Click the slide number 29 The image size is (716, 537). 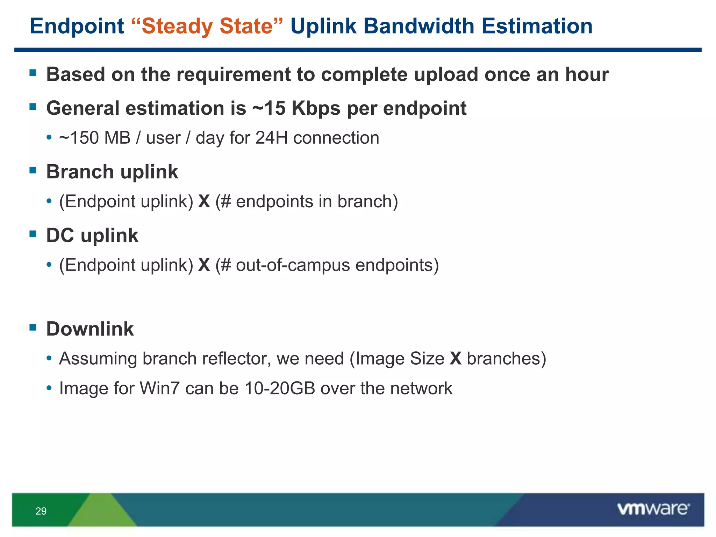click(x=41, y=511)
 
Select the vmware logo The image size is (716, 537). click(x=653, y=509)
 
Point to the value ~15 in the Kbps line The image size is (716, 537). click(x=268, y=108)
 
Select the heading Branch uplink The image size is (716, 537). click(x=112, y=172)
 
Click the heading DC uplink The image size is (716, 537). click(x=92, y=235)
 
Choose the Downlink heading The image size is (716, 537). click(x=90, y=329)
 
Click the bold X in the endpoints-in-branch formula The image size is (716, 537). click(x=204, y=202)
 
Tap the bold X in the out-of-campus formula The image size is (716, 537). click(x=204, y=265)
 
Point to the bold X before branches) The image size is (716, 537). click(x=456, y=359)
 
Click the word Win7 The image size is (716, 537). click(x=160, y=388)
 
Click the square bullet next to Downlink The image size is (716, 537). click(x=33, y=328)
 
